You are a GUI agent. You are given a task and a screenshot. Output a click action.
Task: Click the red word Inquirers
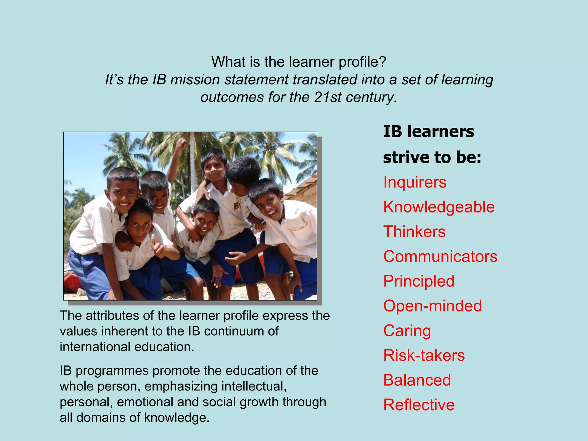(x=415, y=182)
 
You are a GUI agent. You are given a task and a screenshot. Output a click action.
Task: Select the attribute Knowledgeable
(x=439, y=207)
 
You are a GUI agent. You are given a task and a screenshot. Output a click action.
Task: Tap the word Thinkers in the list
(x=414, y=232)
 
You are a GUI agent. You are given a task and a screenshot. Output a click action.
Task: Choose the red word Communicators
(x=440, y=256)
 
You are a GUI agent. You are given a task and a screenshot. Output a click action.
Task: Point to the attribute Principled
(x=419, y=281)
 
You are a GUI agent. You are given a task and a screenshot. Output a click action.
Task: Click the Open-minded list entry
(x=432, y=306)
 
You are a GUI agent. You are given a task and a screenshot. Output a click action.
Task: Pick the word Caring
(x=407, y=331)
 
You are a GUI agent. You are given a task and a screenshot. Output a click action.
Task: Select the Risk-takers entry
(x=424, y=355)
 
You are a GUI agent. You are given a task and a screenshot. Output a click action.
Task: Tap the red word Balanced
(x=417, y=380)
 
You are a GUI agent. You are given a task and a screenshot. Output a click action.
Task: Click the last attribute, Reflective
(x=419, y=405)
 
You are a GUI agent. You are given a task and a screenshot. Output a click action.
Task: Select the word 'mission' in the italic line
(x=195, y=80)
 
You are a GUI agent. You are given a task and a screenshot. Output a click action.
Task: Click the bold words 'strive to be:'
(x=432, y=157)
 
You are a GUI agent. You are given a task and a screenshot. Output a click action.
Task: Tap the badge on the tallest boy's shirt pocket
(x=236, y=206)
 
